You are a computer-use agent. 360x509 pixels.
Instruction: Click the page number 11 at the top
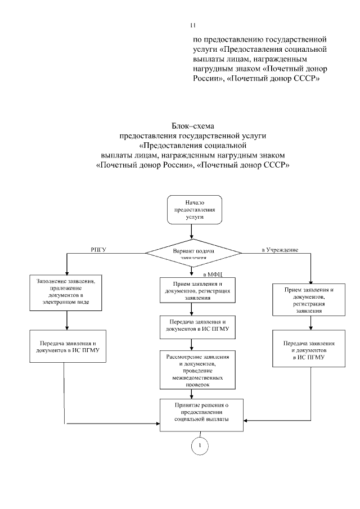[192, 26]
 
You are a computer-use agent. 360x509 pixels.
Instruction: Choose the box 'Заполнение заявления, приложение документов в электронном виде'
[67, 292]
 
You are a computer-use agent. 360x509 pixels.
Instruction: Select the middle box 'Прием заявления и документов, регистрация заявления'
[193, 291]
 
